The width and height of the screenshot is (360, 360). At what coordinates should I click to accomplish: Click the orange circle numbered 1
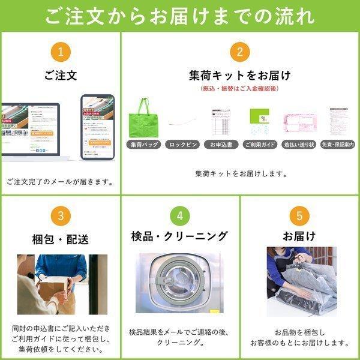coord(60,52)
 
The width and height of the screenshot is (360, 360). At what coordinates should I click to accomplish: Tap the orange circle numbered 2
coord(239,52)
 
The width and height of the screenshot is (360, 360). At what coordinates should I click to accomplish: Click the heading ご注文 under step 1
coord(60,76)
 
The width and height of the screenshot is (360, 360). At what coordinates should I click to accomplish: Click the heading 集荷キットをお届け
coord(239,76)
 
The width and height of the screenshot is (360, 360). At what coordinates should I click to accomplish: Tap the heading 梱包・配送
coord(60,240)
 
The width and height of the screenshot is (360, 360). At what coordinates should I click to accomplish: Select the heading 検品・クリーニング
coord(181,236)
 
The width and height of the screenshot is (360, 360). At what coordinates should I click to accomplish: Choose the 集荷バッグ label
coord(143,145)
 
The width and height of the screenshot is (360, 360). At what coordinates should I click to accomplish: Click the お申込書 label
coord(220,145)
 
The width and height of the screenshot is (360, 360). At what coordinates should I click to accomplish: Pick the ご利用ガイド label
coord(259,145)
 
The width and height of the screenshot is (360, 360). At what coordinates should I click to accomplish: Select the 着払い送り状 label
coord(298,145)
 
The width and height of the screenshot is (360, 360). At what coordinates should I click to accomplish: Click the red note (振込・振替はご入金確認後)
coord(239,89)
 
